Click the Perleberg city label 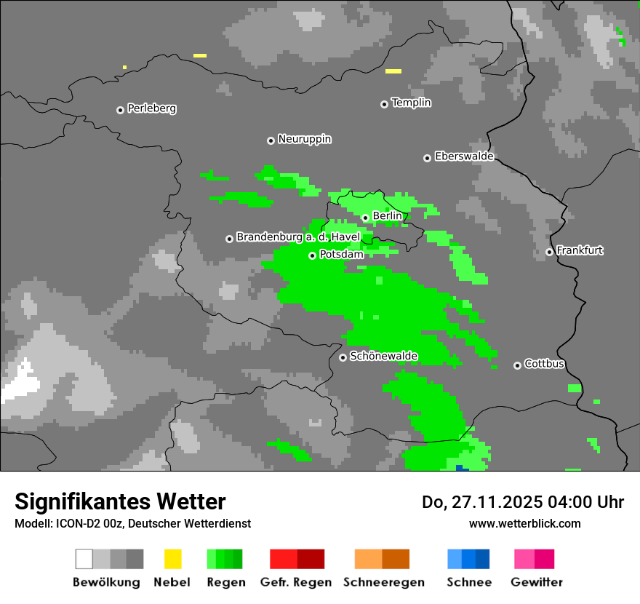point(151,108)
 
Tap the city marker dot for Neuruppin point(271,140)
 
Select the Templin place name point(411,103)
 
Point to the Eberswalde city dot point(427,158)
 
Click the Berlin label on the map point(387,216)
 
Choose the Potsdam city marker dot point(312,255)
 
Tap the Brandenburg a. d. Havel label point(298,237)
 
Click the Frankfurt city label point(580,250)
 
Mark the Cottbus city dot point(517,365)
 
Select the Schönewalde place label point(383,356)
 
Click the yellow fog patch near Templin point(393,71)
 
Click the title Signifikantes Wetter point(120,501)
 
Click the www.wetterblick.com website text point(524,523)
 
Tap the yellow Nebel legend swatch point(172,559)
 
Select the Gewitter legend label point(536,582)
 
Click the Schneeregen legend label point(384,582)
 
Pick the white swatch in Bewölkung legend point(84,559)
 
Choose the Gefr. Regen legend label point(295,582)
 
